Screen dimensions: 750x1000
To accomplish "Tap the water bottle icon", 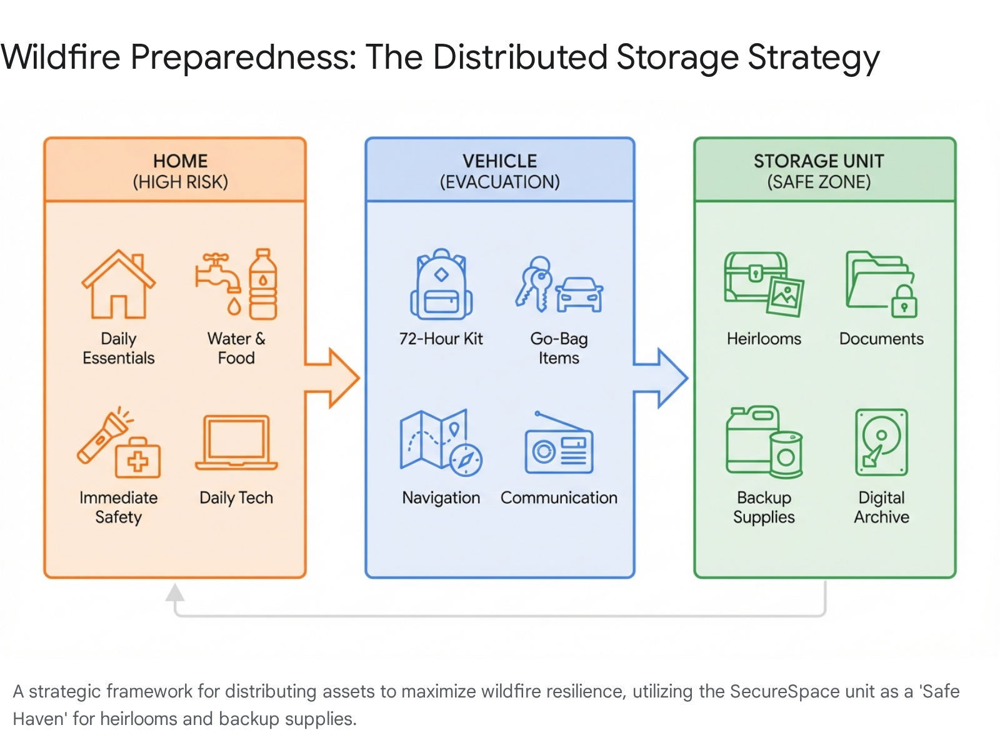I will pos(263,284).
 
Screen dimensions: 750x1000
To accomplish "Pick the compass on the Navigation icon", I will pos(466,460).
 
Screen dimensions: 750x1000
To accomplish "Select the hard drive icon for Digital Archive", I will pos(881,442).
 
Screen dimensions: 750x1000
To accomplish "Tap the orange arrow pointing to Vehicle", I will pos(334,377).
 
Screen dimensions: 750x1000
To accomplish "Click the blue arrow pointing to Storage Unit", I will pos(662,377).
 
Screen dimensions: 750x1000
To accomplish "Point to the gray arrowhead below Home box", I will pos(175,592).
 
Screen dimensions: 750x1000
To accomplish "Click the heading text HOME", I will pos(180,161).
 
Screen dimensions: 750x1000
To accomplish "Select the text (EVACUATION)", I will pos(499,182).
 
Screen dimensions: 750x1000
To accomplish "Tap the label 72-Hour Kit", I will pos(441,339).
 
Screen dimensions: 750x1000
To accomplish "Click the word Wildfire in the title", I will pos(61,57).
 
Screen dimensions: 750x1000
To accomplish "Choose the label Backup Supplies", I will pos(764,507).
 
